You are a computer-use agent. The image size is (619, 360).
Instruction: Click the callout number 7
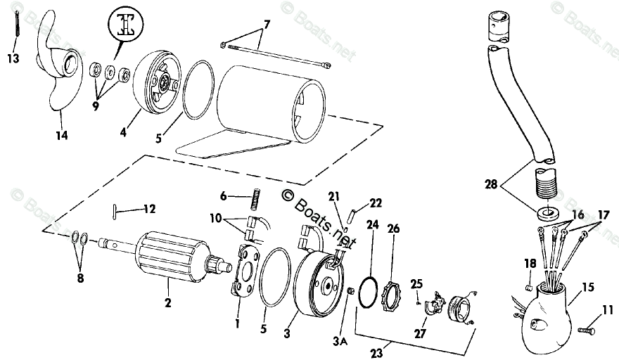tap(267, 25)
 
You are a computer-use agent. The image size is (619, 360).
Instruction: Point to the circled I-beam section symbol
tap(127, 27)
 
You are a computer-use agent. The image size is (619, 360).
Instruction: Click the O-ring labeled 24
tap(367, 291)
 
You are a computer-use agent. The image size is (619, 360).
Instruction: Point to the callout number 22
tap(376, 203)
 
